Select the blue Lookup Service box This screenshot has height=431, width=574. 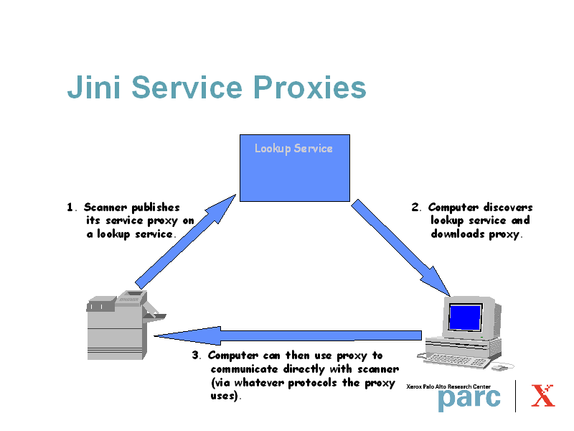coord(294,172)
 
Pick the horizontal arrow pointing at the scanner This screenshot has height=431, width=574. coord(287,335)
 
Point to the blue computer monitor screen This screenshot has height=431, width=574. coord(464,317)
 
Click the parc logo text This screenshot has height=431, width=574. coord(469,399)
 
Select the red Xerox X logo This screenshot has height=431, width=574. coord(543,396)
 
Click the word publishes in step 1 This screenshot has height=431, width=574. coord(156,208)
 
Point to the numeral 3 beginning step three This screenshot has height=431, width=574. coord(195,356)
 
